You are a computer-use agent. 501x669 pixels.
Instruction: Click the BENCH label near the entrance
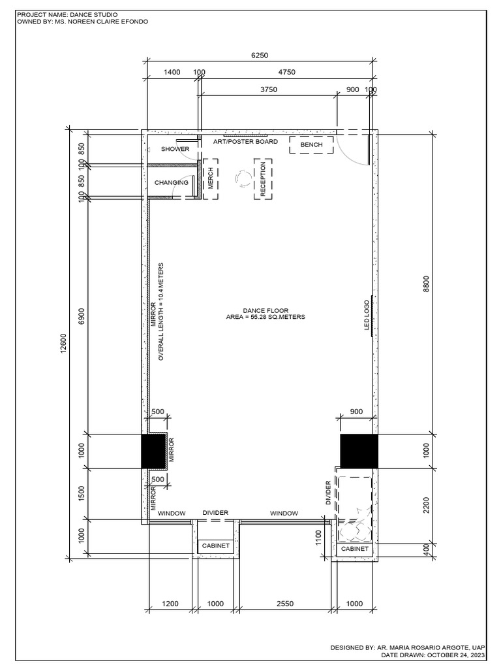click(x=312, y=144)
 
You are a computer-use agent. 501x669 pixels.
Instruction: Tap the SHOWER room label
click(x=175, y=149)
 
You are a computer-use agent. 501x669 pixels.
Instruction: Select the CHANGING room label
click(x=172, y=183)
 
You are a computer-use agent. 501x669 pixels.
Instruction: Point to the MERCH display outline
click(x=210, y=178)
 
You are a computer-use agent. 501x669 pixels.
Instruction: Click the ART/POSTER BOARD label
click(x=246, y=141)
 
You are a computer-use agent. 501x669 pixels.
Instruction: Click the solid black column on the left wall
click(x=154, y=451)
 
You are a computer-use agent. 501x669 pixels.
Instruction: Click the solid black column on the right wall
click(x=359, y=451)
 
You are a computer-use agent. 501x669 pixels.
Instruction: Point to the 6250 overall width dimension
click(x=260, y=57)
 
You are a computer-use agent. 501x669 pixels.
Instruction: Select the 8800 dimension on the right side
click(x=426, y=284)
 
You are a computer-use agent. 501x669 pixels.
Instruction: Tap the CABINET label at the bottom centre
click(x=215, y=545)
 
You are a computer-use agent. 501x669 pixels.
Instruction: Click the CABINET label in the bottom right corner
click(x=355, y=549)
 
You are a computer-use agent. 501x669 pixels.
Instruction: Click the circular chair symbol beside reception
click(x=244, y=178)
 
